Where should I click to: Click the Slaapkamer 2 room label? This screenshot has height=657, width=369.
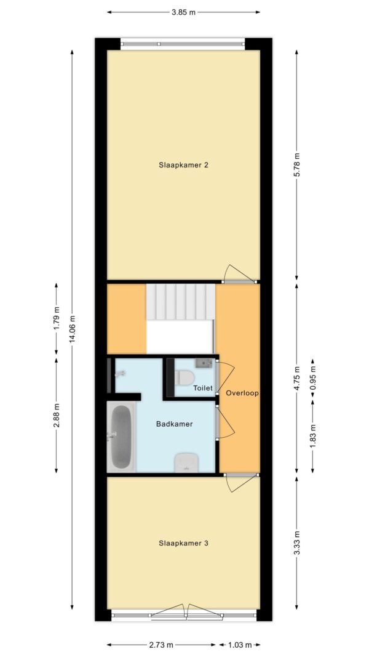pos(184,164)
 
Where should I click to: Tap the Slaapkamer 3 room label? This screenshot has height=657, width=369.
pos(184,544)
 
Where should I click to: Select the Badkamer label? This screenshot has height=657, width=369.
pos(175,424)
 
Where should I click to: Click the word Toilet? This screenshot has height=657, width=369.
pos(204,389)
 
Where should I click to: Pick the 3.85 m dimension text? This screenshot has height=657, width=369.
pos(183,12)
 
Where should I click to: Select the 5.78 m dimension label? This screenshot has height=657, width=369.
pos(297,164)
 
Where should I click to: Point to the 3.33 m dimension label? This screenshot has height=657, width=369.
pos(297,544)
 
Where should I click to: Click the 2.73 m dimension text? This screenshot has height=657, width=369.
pos(162,645)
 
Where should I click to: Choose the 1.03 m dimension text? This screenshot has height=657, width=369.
pos(239,645)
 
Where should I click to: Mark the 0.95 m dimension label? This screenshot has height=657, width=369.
pos(313,380)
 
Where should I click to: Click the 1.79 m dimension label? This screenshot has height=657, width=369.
pos(57,320)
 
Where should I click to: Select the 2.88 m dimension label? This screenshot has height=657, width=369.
pos(57,416)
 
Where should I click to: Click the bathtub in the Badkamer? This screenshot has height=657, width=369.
pos(121,437)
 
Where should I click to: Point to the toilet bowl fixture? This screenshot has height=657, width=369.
pos(184,377)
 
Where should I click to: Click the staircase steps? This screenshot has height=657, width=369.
pos(180,301)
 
